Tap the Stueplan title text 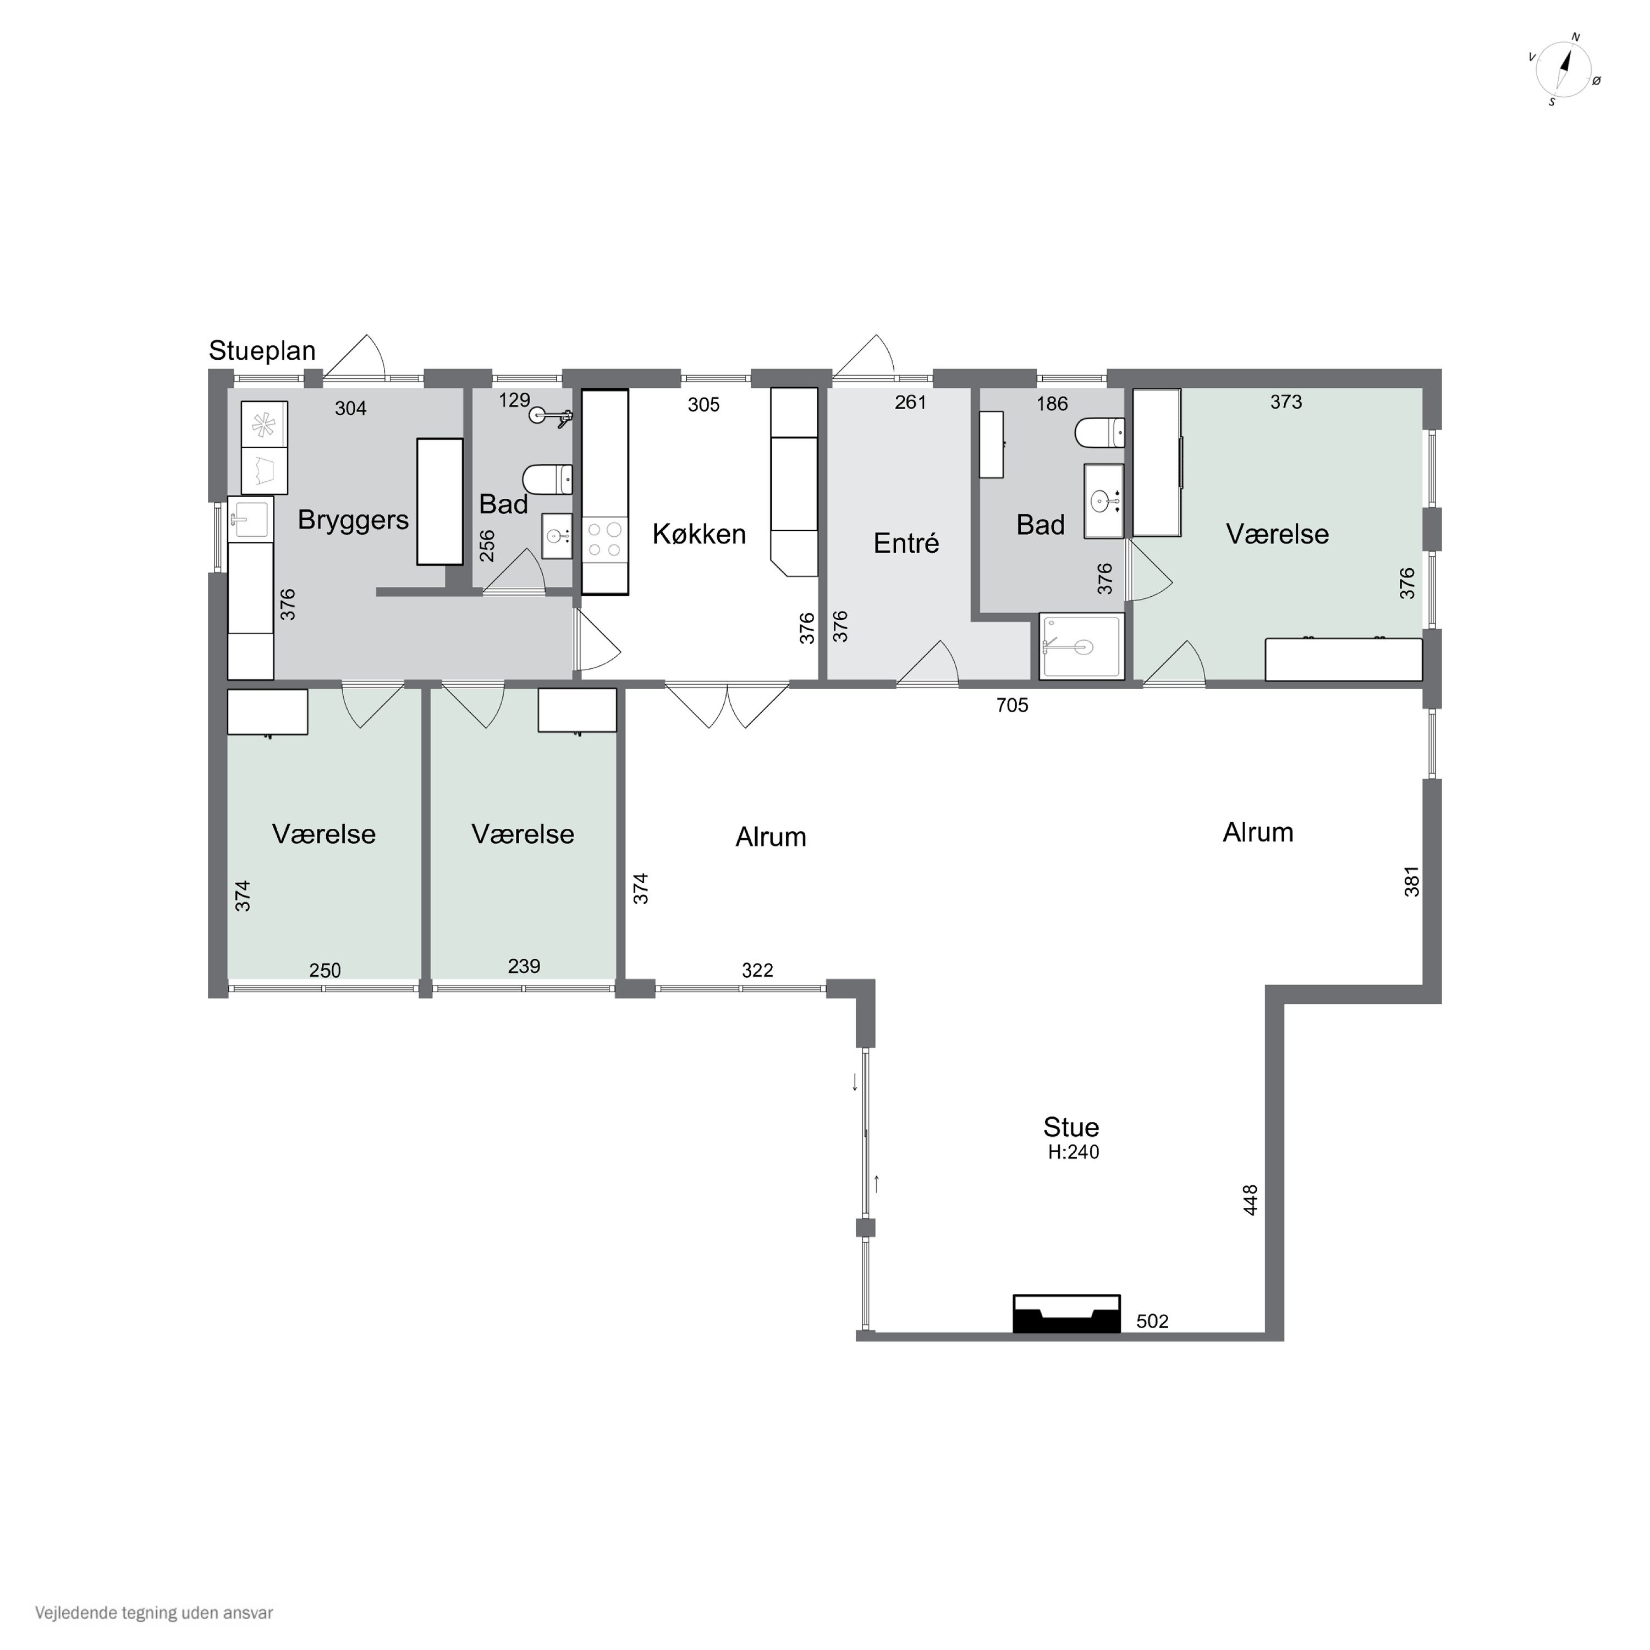pyautogui.click(x=262, y=351)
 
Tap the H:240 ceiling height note pyautogui.click(x=1074, y=1152)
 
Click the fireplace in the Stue pyautogui.click(x=1066, y=1313)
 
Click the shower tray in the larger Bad pyautogui.click(x=1081, y=646)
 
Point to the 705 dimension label pyautogui.click(x=1012, y=706)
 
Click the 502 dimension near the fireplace pyautogui.click(x=1152, y=1321)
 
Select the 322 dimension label pyautogui.click(x=757, y=970)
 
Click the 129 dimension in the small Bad pyautogui.click(x=514, y=400)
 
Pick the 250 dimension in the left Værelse pyautogui.click(x=324, y=970)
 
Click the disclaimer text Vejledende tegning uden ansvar pyautogui.click(x=154, y=1613)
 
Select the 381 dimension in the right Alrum pyautogui.click(x=1412, y=881)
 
